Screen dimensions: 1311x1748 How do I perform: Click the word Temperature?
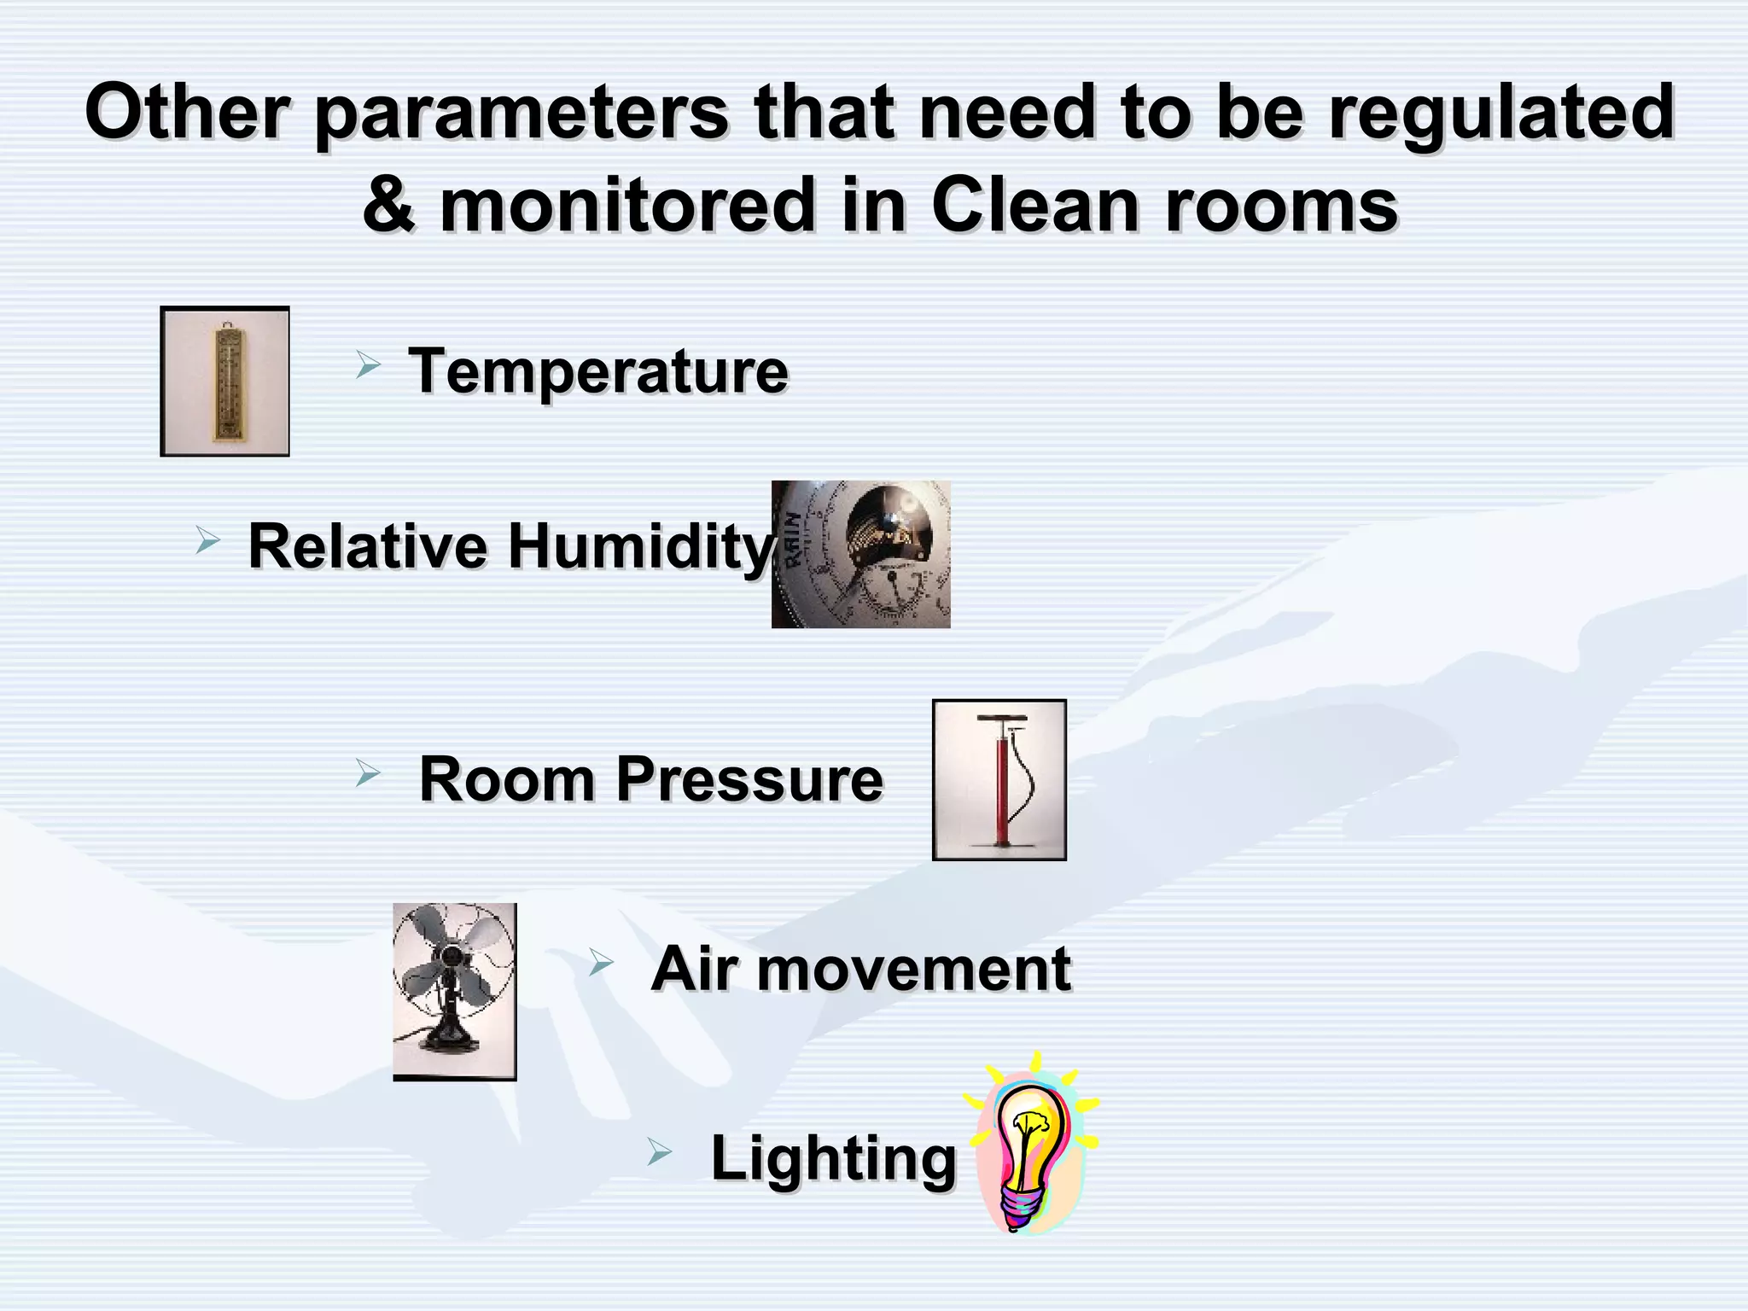(x=598, y=371)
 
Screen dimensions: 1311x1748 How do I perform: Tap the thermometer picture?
(x=225, y=382)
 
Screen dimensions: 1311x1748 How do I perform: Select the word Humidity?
(x=640, y=546)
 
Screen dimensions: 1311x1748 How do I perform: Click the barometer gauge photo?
(x=861, y=555)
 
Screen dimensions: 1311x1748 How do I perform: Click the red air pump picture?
(x=999, y=780)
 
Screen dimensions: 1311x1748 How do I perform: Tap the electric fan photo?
(x=454, y=991)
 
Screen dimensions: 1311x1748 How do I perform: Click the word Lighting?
(x=834, y=1158)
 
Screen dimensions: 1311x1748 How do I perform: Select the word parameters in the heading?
(x=521, y=113)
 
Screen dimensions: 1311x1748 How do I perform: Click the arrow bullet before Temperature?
(x=368, y=366)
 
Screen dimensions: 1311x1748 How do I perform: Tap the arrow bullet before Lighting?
(x=659, y=1153)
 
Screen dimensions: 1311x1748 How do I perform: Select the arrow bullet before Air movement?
(x=601, y=964)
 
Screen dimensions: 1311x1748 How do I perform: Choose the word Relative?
(x=368, y=546)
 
